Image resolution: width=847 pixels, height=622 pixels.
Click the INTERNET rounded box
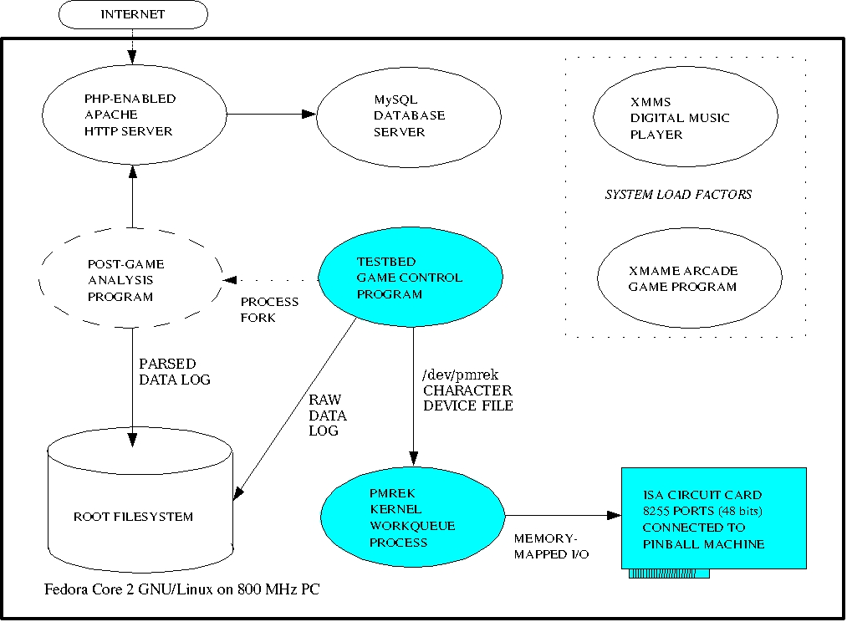[133, 14]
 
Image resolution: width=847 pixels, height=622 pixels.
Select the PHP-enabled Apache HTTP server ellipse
[135, 115]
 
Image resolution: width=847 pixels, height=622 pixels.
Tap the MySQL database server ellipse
[409, 117]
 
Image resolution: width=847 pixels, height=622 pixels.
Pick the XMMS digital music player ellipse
[686, 117]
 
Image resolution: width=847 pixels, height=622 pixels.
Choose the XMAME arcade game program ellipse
[689, 278]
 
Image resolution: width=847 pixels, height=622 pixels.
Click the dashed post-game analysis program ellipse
[131, 278]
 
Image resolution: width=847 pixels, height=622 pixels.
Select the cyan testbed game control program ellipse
[411, 277]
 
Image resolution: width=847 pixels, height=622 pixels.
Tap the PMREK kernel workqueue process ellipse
[413, 517]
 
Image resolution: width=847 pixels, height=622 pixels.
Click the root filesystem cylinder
[140, 500]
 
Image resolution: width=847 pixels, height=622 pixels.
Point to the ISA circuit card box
[713, 517]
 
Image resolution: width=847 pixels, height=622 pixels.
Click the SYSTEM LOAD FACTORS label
[678, 194]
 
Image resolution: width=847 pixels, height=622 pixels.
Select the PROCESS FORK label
[269, 309]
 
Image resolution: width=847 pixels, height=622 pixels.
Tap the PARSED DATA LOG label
[175, 371]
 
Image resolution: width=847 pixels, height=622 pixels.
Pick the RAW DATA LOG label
[328, 415]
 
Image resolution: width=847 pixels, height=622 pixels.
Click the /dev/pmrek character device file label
[467, 390]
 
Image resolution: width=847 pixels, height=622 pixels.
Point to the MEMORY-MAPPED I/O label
[551, 546]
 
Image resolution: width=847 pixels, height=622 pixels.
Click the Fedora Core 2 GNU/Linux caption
[181, 589]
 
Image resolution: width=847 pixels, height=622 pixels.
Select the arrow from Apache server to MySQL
[272, 114]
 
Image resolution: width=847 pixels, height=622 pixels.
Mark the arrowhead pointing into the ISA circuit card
[615, 515]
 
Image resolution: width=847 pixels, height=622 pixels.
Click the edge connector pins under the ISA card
[669, 574]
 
